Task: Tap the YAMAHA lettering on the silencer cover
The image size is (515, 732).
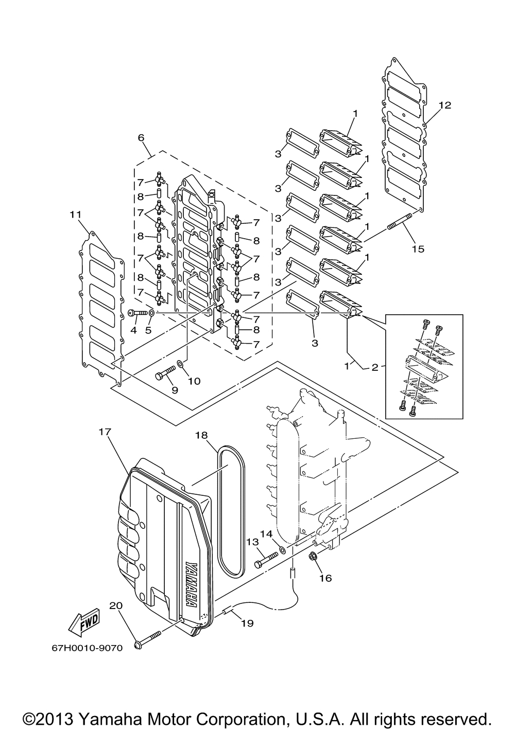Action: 192,580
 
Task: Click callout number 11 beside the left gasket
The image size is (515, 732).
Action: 75,215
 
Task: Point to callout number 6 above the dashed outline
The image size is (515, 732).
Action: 141,137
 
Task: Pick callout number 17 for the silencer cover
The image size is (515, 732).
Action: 105,432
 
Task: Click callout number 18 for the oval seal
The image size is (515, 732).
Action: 202,435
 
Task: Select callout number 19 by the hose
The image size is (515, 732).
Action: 247,623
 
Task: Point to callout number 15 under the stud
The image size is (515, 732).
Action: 418,249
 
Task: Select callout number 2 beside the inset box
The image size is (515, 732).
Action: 375,367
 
